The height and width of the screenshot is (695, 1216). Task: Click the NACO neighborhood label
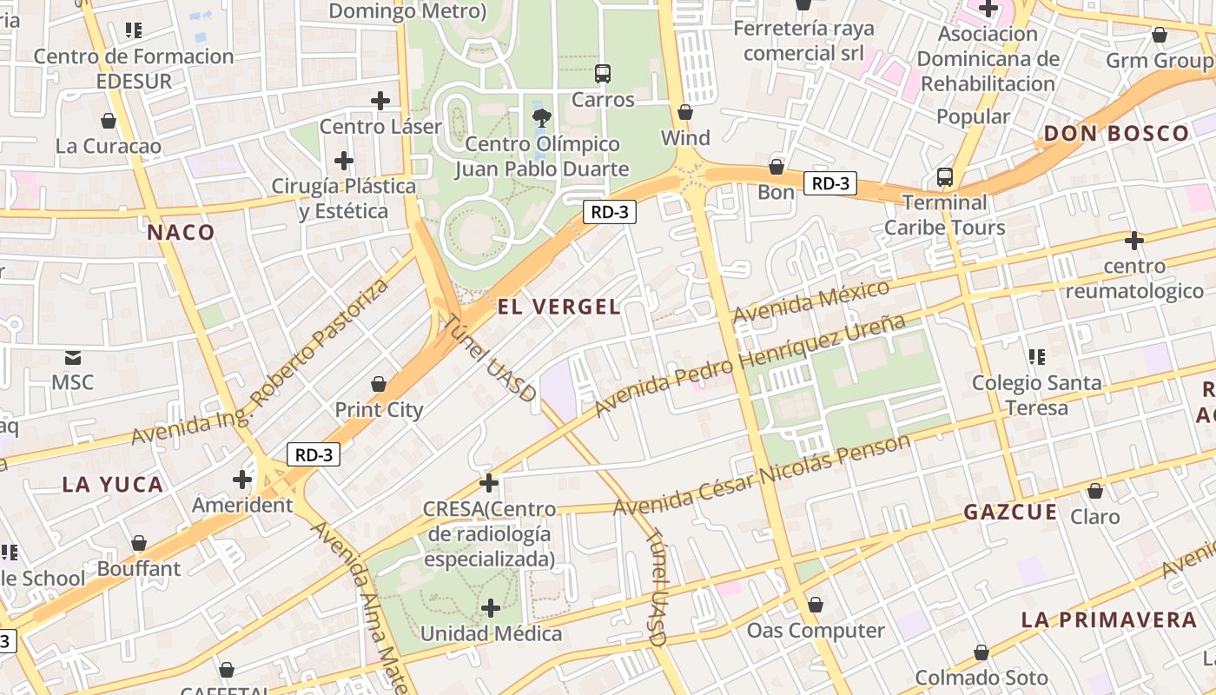(181, 232)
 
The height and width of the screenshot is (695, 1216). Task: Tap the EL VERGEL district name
(559, 306)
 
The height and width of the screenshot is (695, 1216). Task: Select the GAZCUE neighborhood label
(1010, 512)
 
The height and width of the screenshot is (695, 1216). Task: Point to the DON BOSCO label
(1116, 133)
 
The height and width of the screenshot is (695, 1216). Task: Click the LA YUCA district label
(113, 485)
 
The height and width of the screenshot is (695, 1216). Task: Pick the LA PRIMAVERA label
(1109, 619)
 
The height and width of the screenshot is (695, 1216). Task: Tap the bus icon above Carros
(603, 74)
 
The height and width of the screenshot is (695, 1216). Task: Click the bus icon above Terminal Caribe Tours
(945, 177)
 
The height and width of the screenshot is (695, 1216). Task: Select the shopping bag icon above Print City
(379, 384)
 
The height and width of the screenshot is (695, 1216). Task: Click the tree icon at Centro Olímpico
(543, 117)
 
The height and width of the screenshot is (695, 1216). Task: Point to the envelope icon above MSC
(73, 357)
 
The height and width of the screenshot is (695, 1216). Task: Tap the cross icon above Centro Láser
(380, 101)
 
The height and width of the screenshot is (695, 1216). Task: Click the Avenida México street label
(811, 301)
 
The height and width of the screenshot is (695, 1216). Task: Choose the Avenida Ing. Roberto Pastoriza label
(261, 363)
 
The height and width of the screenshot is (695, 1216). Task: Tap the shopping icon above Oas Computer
(815, 605)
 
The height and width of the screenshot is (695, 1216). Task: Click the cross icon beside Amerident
(242, 480)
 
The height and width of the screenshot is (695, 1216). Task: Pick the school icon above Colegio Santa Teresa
(1035, 357)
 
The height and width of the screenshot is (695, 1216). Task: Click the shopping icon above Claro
(1095, 492)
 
